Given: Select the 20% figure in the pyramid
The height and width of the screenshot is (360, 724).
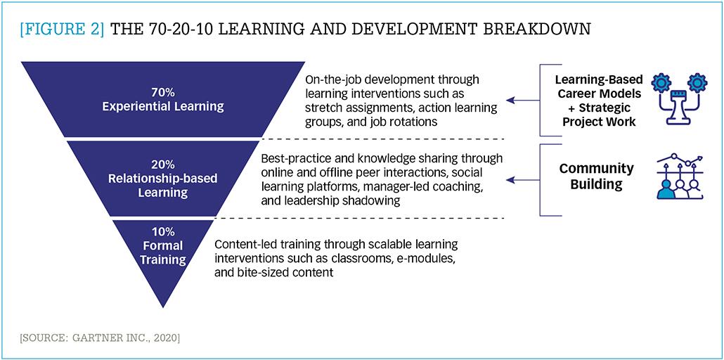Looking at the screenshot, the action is (x=162, y=165).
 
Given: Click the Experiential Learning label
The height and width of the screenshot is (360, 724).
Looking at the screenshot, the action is (x=163, y=107).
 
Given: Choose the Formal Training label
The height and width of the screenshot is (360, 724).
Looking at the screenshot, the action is (x=162, y=252).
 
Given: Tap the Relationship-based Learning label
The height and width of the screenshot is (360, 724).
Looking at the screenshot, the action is (x=162, y=186).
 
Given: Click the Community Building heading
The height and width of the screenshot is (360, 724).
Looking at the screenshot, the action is (x=597, y=176).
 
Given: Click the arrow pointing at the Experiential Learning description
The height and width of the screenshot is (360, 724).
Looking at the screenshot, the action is (x=523, y=100).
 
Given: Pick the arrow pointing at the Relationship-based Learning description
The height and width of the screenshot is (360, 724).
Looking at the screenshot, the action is (x=523, y=180).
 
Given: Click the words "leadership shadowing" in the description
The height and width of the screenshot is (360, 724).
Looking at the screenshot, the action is (x=350, y=201).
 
